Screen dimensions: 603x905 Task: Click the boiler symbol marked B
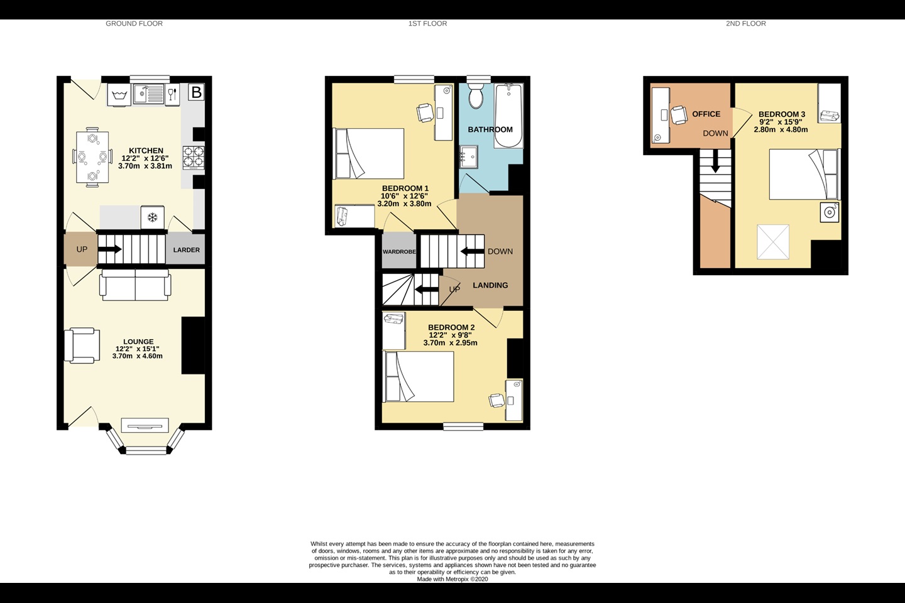coord(196,93)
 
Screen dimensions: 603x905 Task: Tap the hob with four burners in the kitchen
coord(194,158)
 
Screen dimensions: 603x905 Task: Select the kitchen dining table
coord(92,158)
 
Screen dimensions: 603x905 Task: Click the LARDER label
coord(186,250)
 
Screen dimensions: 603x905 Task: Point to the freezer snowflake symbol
coord(151,218)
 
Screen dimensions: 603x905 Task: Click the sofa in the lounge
coord(134,285)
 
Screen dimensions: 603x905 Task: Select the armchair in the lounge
coord(82,345)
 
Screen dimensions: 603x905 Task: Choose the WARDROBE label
coord(399,252)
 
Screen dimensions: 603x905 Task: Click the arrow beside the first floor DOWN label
coord(469,251)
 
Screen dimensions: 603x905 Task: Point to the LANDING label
coord(490,285)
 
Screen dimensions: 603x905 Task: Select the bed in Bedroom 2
coord(419,377)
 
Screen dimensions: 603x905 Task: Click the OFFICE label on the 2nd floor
coord(706,114)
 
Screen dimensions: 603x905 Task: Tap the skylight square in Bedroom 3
coord(774,242)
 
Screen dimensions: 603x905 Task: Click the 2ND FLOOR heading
coord(745,24)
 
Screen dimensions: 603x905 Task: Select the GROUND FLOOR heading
coord(134,24)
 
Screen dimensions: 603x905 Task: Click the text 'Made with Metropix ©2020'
coord(452,579)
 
